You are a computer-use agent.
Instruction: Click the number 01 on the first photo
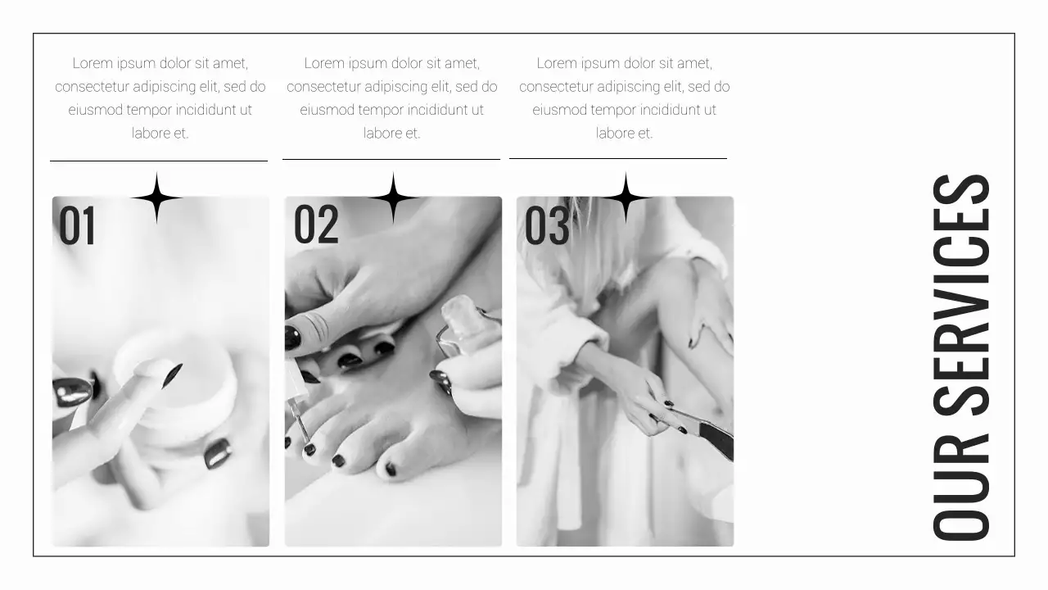pos(78,226)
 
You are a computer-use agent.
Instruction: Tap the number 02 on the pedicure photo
pos(316,225)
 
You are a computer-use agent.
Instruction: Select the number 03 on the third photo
pos(547,226)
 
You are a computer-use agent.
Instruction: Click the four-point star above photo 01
pos(156,197)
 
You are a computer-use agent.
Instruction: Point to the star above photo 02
pos(393,197)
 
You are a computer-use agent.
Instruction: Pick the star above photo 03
pos(626,197)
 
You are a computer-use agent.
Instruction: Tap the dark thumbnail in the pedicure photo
pos(292,338)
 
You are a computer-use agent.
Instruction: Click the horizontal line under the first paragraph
pos(159,161)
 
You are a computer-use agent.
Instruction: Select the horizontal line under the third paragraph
pos(618,158)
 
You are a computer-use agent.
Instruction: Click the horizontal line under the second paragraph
pos(391,159)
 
